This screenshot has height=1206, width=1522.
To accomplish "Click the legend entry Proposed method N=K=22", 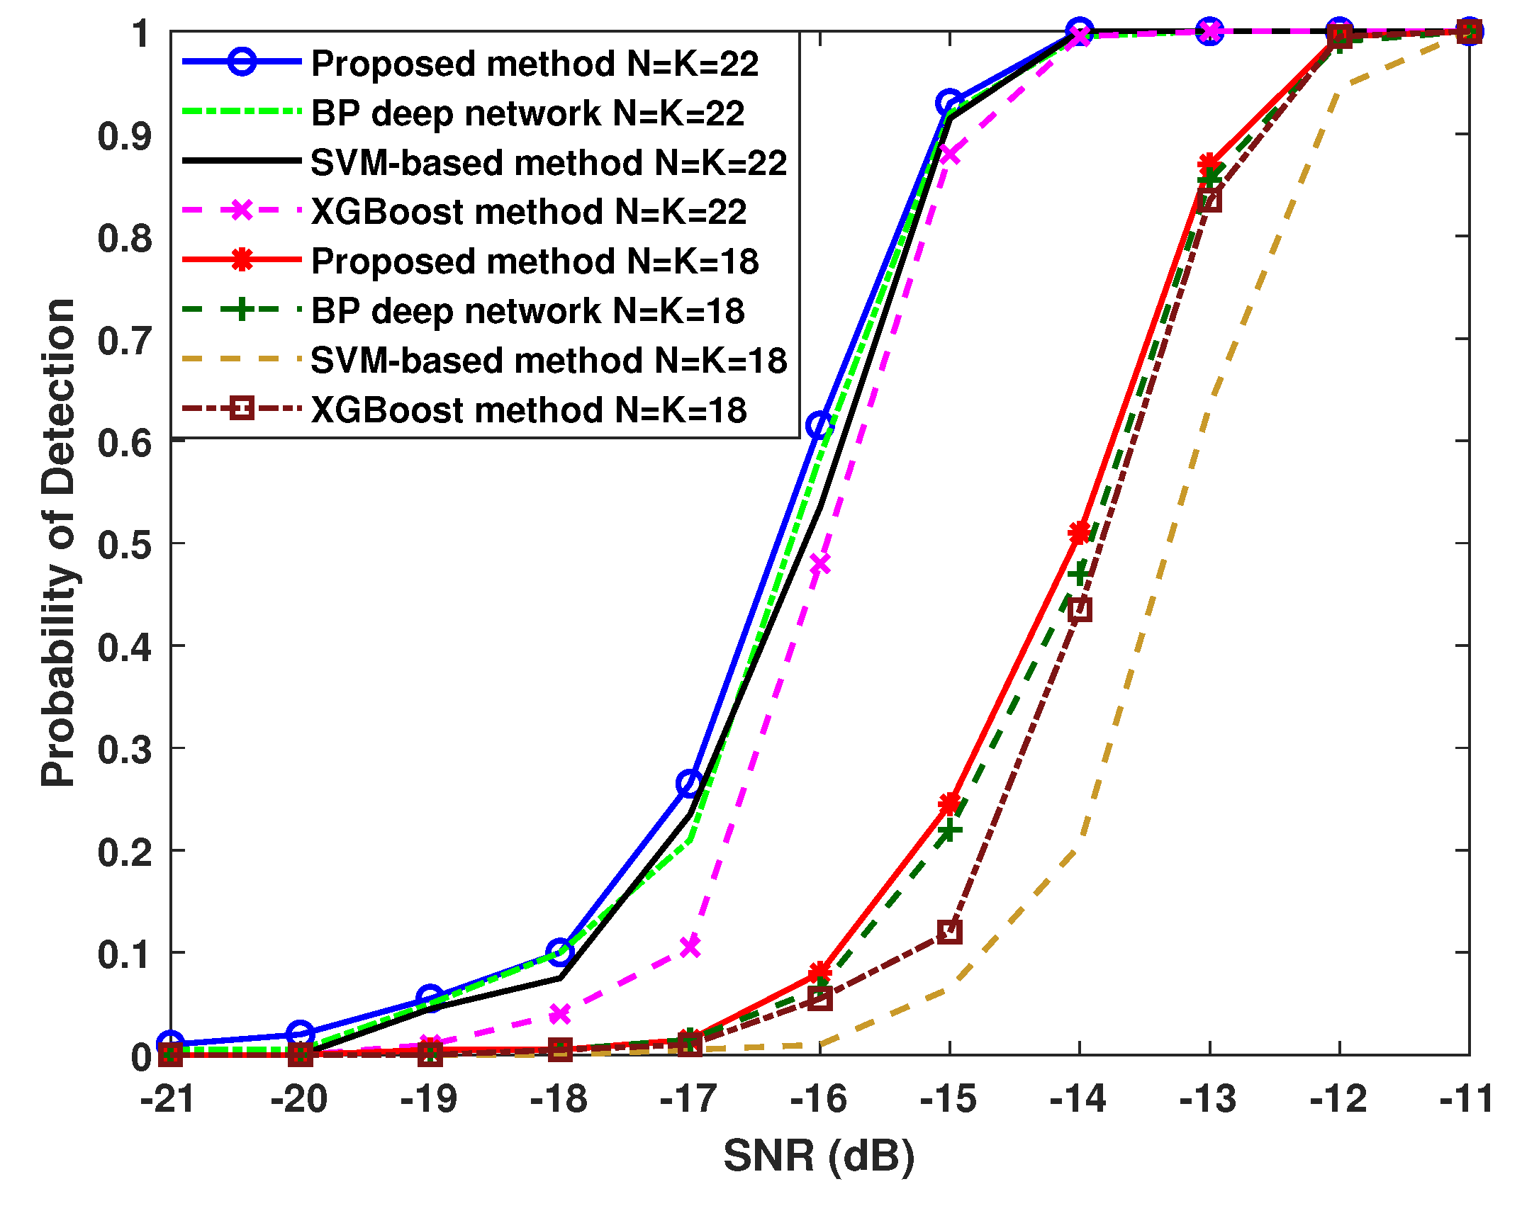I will [x=535, y=64].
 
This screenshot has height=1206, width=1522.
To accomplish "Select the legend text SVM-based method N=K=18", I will [x=549, y=361].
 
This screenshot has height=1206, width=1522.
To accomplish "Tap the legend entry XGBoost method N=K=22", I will [x=529, y=212].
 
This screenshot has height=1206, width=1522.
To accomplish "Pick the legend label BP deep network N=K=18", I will [x=527, y=311].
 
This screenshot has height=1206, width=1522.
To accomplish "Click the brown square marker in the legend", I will [x=242, y=410].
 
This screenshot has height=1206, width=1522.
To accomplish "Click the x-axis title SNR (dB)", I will [x=819, y=1156].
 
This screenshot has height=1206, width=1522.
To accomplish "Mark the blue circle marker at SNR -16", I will [x=819, y=425].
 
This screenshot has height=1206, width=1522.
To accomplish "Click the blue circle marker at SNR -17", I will [x=689, y=783].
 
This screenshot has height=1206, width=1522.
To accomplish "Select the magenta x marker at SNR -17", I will [x=690, y=946].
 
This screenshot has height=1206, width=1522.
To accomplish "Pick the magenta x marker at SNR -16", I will [x=819, y=564].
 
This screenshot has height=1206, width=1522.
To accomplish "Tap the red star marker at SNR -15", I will [x=950, y=803].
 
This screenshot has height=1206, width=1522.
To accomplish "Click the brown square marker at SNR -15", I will [x=950, y=932].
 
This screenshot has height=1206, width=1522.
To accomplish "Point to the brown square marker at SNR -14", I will [x=1080, y=609].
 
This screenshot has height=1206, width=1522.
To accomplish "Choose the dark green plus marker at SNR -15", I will [x=949, y=830].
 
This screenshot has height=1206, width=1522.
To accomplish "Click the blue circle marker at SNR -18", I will [x=560, y=952].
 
